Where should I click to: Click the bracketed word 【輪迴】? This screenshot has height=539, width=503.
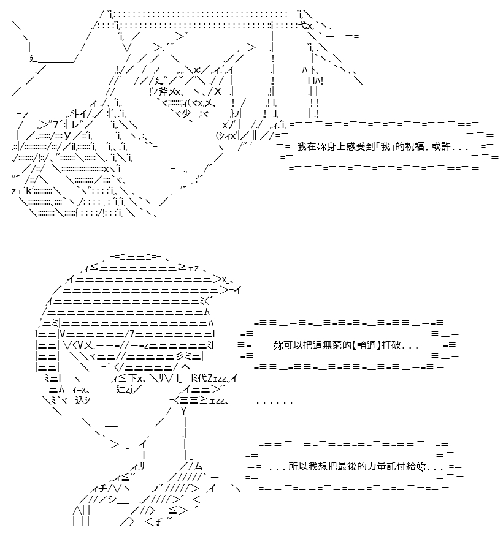366,345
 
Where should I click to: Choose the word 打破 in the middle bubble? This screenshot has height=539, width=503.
391,345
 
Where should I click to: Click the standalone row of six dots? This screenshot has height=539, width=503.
274,402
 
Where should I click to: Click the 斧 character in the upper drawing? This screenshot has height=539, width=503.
164,91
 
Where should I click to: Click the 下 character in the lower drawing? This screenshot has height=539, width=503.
133,379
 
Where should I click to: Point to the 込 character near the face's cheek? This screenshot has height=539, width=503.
80,400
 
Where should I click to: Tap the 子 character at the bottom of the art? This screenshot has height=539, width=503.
159,522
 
